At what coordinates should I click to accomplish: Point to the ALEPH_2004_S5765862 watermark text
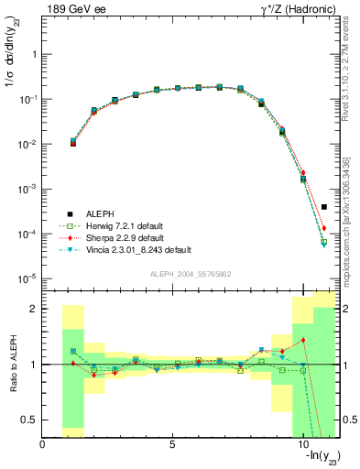(190, 274)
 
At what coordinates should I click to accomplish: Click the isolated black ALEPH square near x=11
(324, 207)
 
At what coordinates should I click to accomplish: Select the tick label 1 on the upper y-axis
(35, 55)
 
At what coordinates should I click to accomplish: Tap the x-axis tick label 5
(172, 445)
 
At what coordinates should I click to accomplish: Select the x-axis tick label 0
(43, 445)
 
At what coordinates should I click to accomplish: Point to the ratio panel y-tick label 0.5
(30, 420)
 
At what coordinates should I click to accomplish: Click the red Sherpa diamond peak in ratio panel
(302, 341)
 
